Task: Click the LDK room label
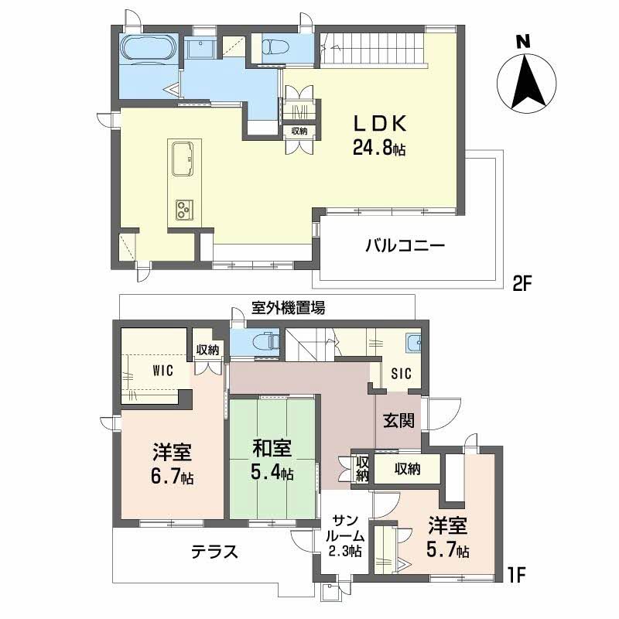pyautogui.click(x=379, y=135)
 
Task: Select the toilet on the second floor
pyautogui.click(x=275, y=47)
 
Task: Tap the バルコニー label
pyautogui.click(x=405, y=246)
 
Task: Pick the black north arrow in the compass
pyautogui.click(x=528, y=82)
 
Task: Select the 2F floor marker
pyautogui.click(x=523, y=284)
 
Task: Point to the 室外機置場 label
pyautogui.click(x=288, y=307)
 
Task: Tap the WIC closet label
pyautogui.click(x=162, y=371)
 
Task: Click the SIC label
pyautogui.click(x=401, y=374)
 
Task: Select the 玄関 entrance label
pyautogui.click(x=399, y=421)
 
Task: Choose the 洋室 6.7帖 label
pyautogui.click(x=173, y=464)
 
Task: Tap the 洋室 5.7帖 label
pyautogui.click(x=448, y=537)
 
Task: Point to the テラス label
pyautogui.click(x=215, y=552)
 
